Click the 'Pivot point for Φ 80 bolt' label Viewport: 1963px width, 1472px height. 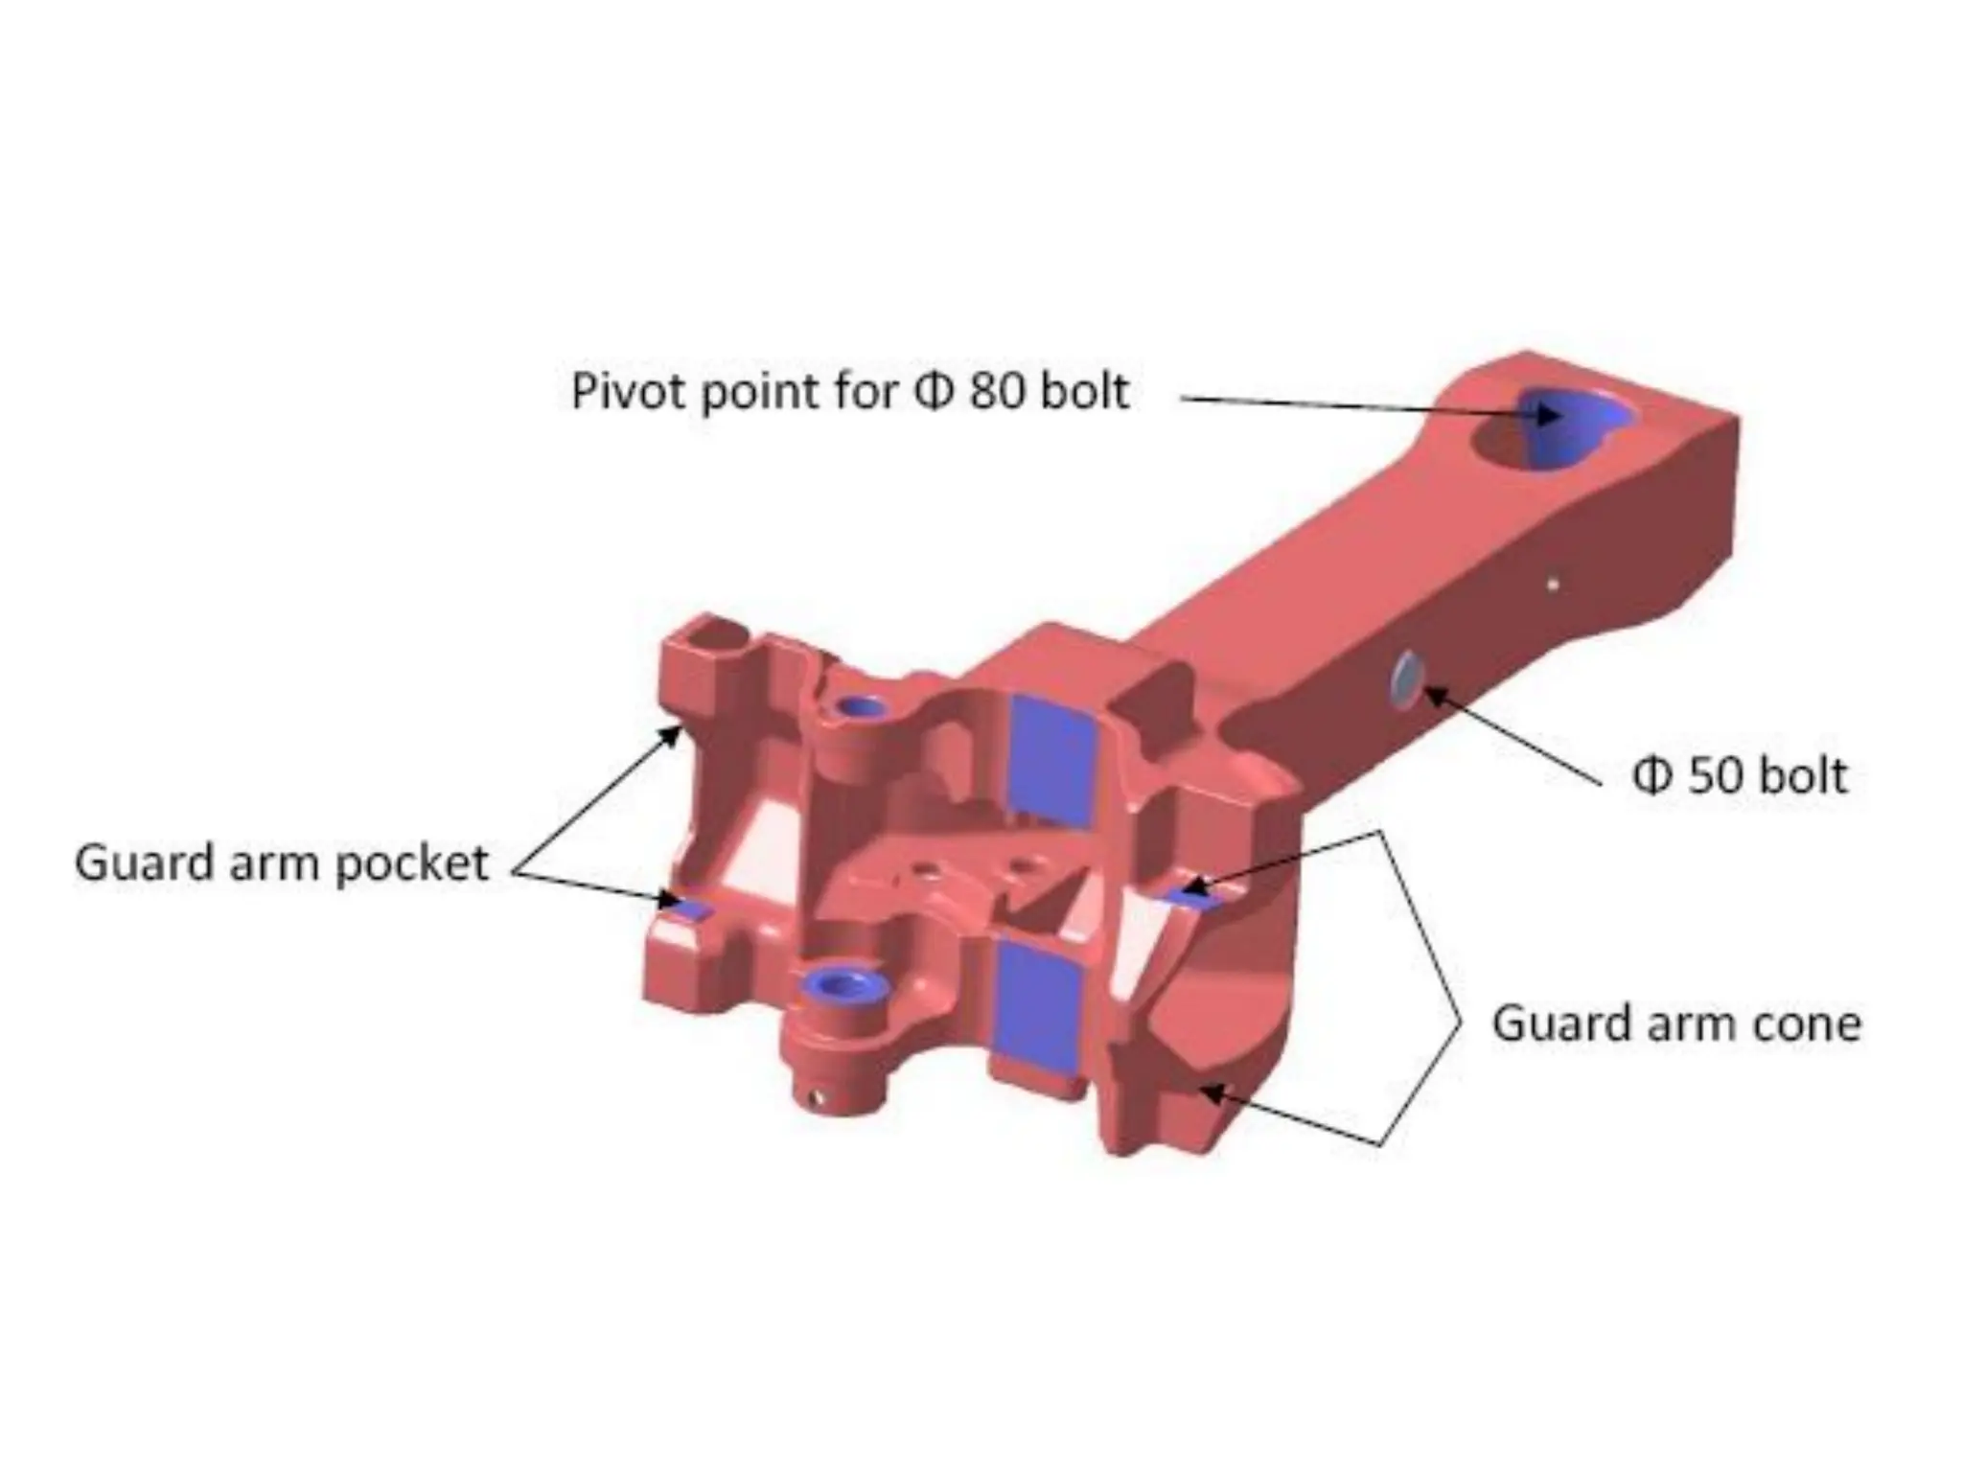tap(849, 392)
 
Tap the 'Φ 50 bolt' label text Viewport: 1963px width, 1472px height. tap(1739, 776)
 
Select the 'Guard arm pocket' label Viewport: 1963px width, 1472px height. tap(282, 863)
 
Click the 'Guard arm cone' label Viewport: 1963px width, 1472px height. tap(1676, 1023)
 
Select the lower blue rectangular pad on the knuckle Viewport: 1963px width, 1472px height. tap(1039, 1002)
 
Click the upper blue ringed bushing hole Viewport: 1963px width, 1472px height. tap(862, 707)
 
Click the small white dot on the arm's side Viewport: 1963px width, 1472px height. tap(1553, 583)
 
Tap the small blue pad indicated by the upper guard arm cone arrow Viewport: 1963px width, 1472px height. tap(1189, 895)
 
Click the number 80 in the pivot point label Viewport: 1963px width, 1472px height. tap(996, 392)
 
